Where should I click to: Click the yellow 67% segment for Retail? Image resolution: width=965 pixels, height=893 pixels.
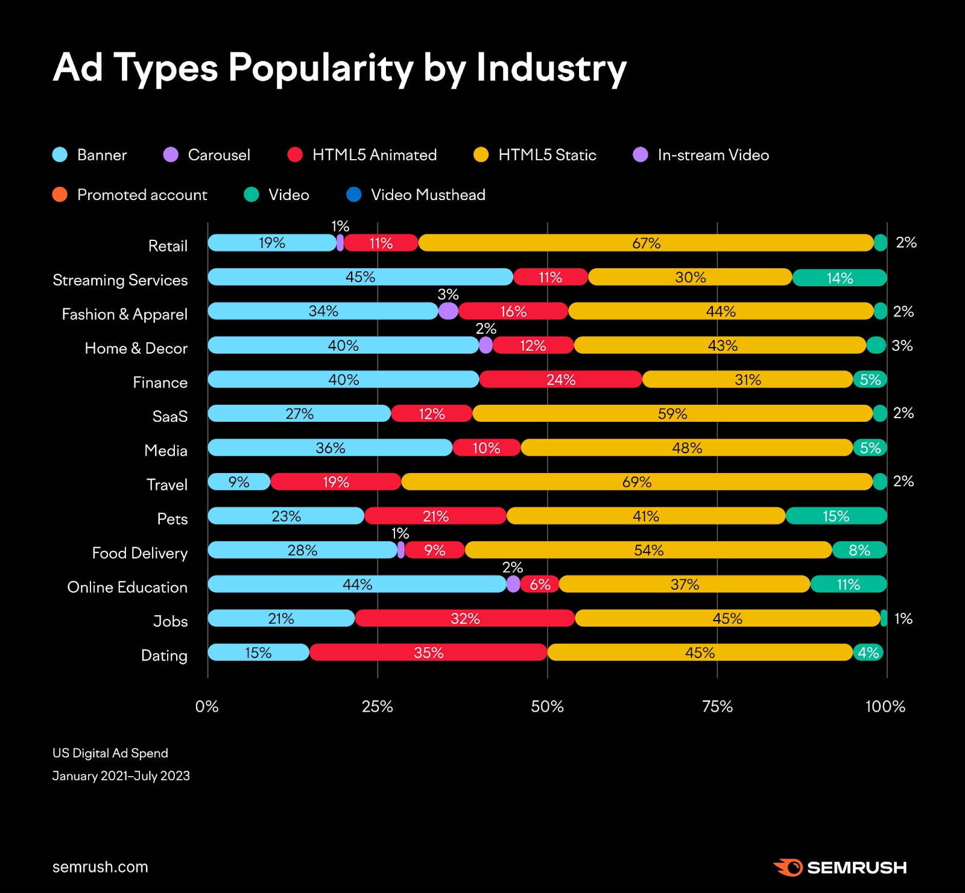point(646,243)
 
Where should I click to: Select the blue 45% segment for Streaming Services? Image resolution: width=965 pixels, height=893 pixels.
point(360,277)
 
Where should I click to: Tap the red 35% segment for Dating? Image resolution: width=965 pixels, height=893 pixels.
point(428,653)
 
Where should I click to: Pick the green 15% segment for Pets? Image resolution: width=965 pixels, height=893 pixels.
point(836,516)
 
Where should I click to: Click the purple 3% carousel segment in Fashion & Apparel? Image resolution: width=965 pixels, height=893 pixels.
point(448,311)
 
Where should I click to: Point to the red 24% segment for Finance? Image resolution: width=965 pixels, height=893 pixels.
point(560,380)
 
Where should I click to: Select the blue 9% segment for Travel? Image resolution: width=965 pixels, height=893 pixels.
point(239,482)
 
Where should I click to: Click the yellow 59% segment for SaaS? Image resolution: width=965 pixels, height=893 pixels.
point(672,414)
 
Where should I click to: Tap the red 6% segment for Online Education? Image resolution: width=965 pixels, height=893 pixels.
point(540,584)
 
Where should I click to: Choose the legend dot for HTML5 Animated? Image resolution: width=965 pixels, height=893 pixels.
point(295,155)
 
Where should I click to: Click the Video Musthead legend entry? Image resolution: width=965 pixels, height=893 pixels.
point(416,195)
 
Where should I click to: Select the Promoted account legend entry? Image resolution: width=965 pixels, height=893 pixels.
point(130,195)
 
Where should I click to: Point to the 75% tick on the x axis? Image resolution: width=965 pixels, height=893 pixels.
point(717,706)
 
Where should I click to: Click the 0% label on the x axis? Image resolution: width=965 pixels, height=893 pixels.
point(207,706)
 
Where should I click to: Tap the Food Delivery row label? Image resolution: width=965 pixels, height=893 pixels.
point(139,553)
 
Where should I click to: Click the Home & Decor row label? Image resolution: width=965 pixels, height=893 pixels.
point(136,348)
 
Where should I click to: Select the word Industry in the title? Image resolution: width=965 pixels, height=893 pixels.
point(551,67)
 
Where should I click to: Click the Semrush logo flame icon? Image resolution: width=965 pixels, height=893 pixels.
point(788,867)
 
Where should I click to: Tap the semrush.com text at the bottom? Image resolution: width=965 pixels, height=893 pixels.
point(100,866)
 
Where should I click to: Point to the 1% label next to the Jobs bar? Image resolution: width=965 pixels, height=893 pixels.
point(903,619)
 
